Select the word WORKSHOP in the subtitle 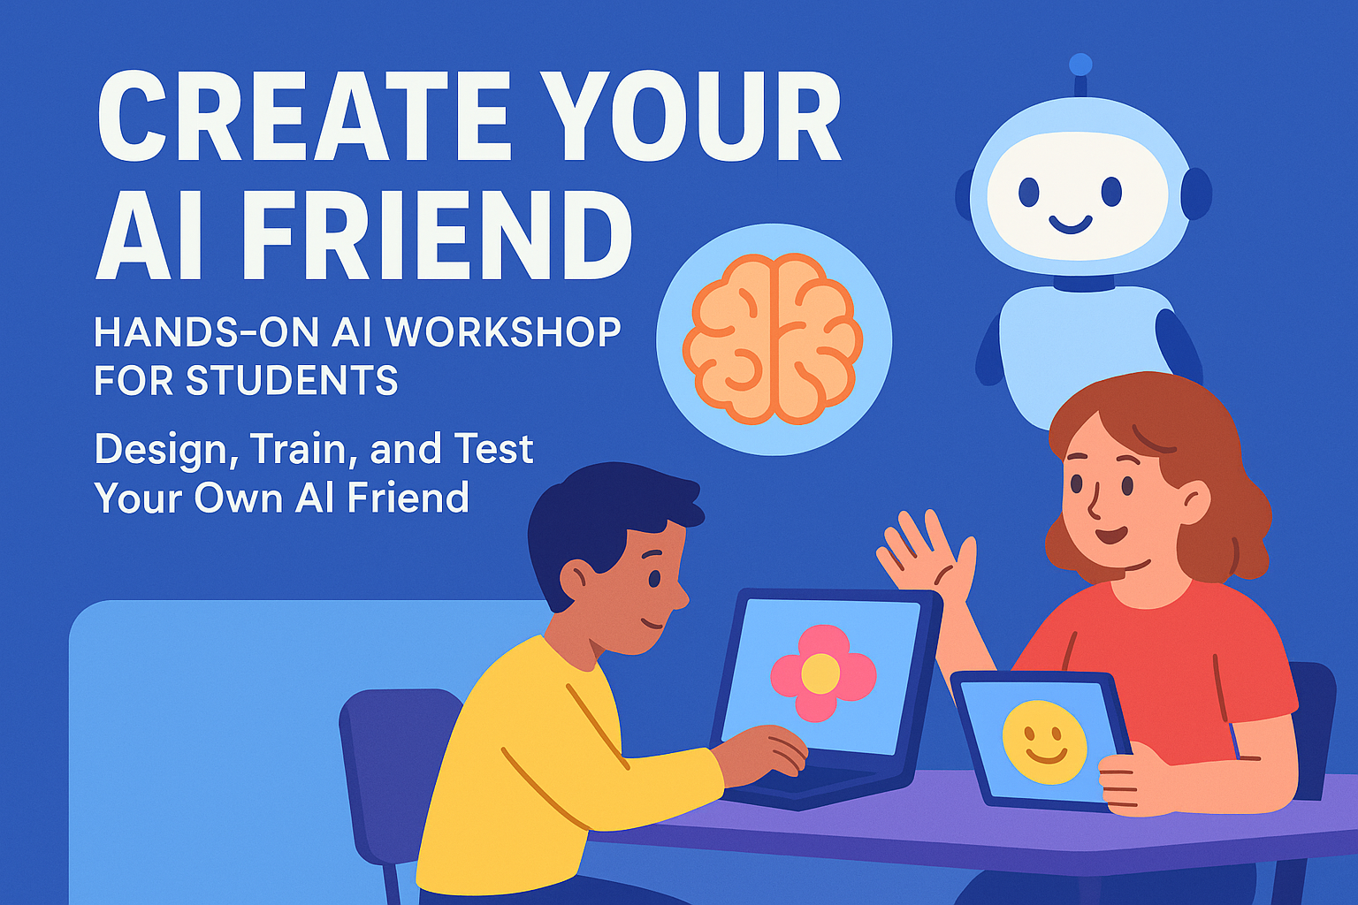503,333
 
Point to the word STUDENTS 292,381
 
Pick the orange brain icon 773,339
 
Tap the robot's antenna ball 1080,65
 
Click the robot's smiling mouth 1070,224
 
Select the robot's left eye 1028,192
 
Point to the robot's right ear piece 1196,194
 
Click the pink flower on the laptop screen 822,673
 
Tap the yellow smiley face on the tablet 1044,741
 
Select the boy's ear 575,580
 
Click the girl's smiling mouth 1110,535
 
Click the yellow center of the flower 820,673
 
